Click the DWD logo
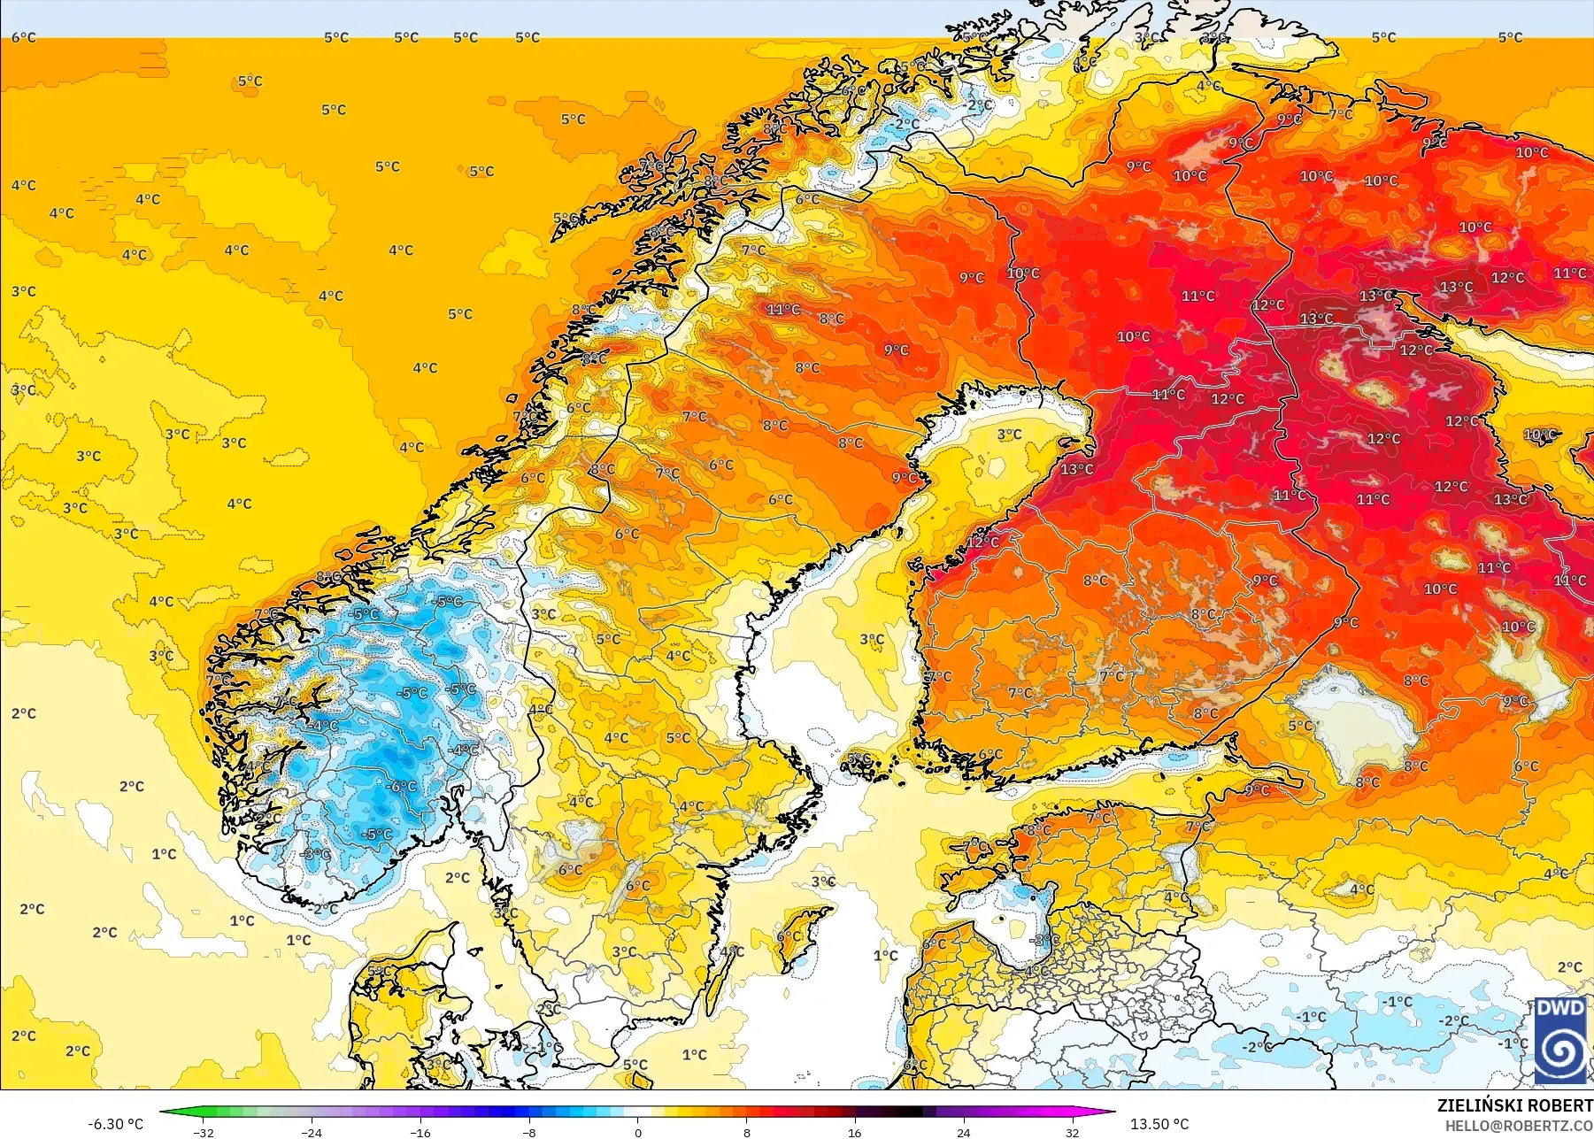click(x=1561, y=1040)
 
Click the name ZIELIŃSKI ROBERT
click(x=1514, y=1105)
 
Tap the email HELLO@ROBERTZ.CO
click(x=1519, y=1126)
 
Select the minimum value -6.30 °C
click(x=115, y=1124)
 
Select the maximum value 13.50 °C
click(x=1159, y=1124)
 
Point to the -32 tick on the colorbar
click(x=204, y=1132)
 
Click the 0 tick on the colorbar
click(x=638, y=1132)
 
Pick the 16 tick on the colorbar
click(x=855, y=1132)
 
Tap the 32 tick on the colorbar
click(x=1072, y=1132)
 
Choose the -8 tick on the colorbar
click(x=529, y=1132)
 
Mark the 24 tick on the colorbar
click(x=964, y=1132)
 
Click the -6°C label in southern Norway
click(x=401, y=786)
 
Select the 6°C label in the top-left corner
click(x=24, y=37)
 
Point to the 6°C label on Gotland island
click(x=789, y=936)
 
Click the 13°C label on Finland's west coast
click(x=1076, y=469)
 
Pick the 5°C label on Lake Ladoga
click(x=1300, y=726)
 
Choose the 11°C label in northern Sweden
click(x=783, y=309)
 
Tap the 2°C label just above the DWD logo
click(x=1569, y=967)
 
